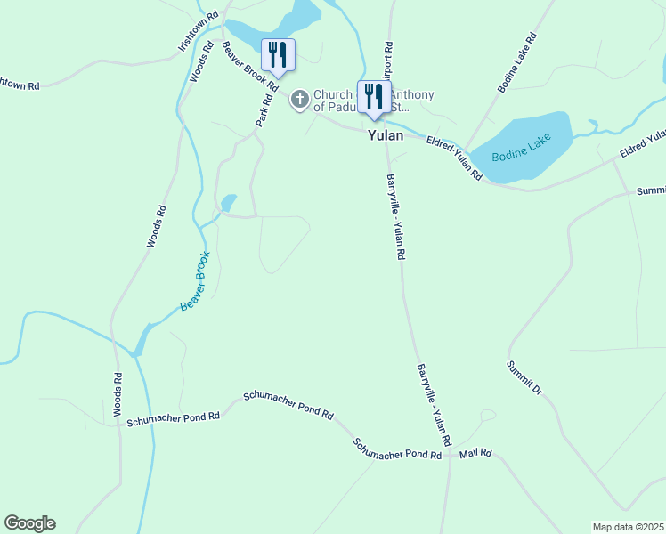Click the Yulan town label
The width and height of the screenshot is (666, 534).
[x=386, y=136]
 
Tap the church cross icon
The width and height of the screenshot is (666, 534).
[x=300, y=100]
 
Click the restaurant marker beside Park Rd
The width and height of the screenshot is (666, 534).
[x=277, y=56]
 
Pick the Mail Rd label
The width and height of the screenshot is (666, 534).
[x=475, y=454]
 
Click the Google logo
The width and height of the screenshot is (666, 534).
[x=29, y=523]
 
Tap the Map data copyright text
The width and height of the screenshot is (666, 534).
[x=629, y=527]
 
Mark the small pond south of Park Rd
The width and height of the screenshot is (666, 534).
[x=229, y=203]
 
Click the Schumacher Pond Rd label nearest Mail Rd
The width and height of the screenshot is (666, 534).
[x=397, y=449]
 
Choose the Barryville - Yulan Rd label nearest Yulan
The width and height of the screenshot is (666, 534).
[x=396, y=216]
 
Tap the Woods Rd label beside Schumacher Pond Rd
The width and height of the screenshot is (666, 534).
[x=118, y=394]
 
